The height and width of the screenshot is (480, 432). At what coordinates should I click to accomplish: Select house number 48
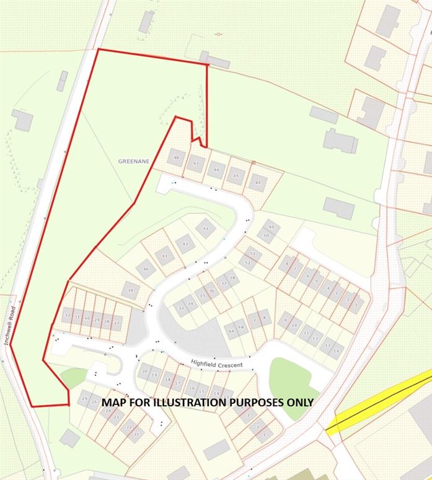pyautogui.click(x=177, y=159)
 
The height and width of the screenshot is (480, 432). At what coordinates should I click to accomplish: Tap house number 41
pyautogui.click(x=164, y=256)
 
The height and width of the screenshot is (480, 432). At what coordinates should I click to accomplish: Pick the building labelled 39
pyautogui.click(x=130, y=290)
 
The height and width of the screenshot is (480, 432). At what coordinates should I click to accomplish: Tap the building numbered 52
pyautogui.click(x=248, y=263)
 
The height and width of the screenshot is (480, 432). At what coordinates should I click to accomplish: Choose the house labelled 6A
pyautogui.click(x=231, y=331)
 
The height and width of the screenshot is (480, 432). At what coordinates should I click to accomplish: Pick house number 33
pyautogui.click(x=181, y=307)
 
